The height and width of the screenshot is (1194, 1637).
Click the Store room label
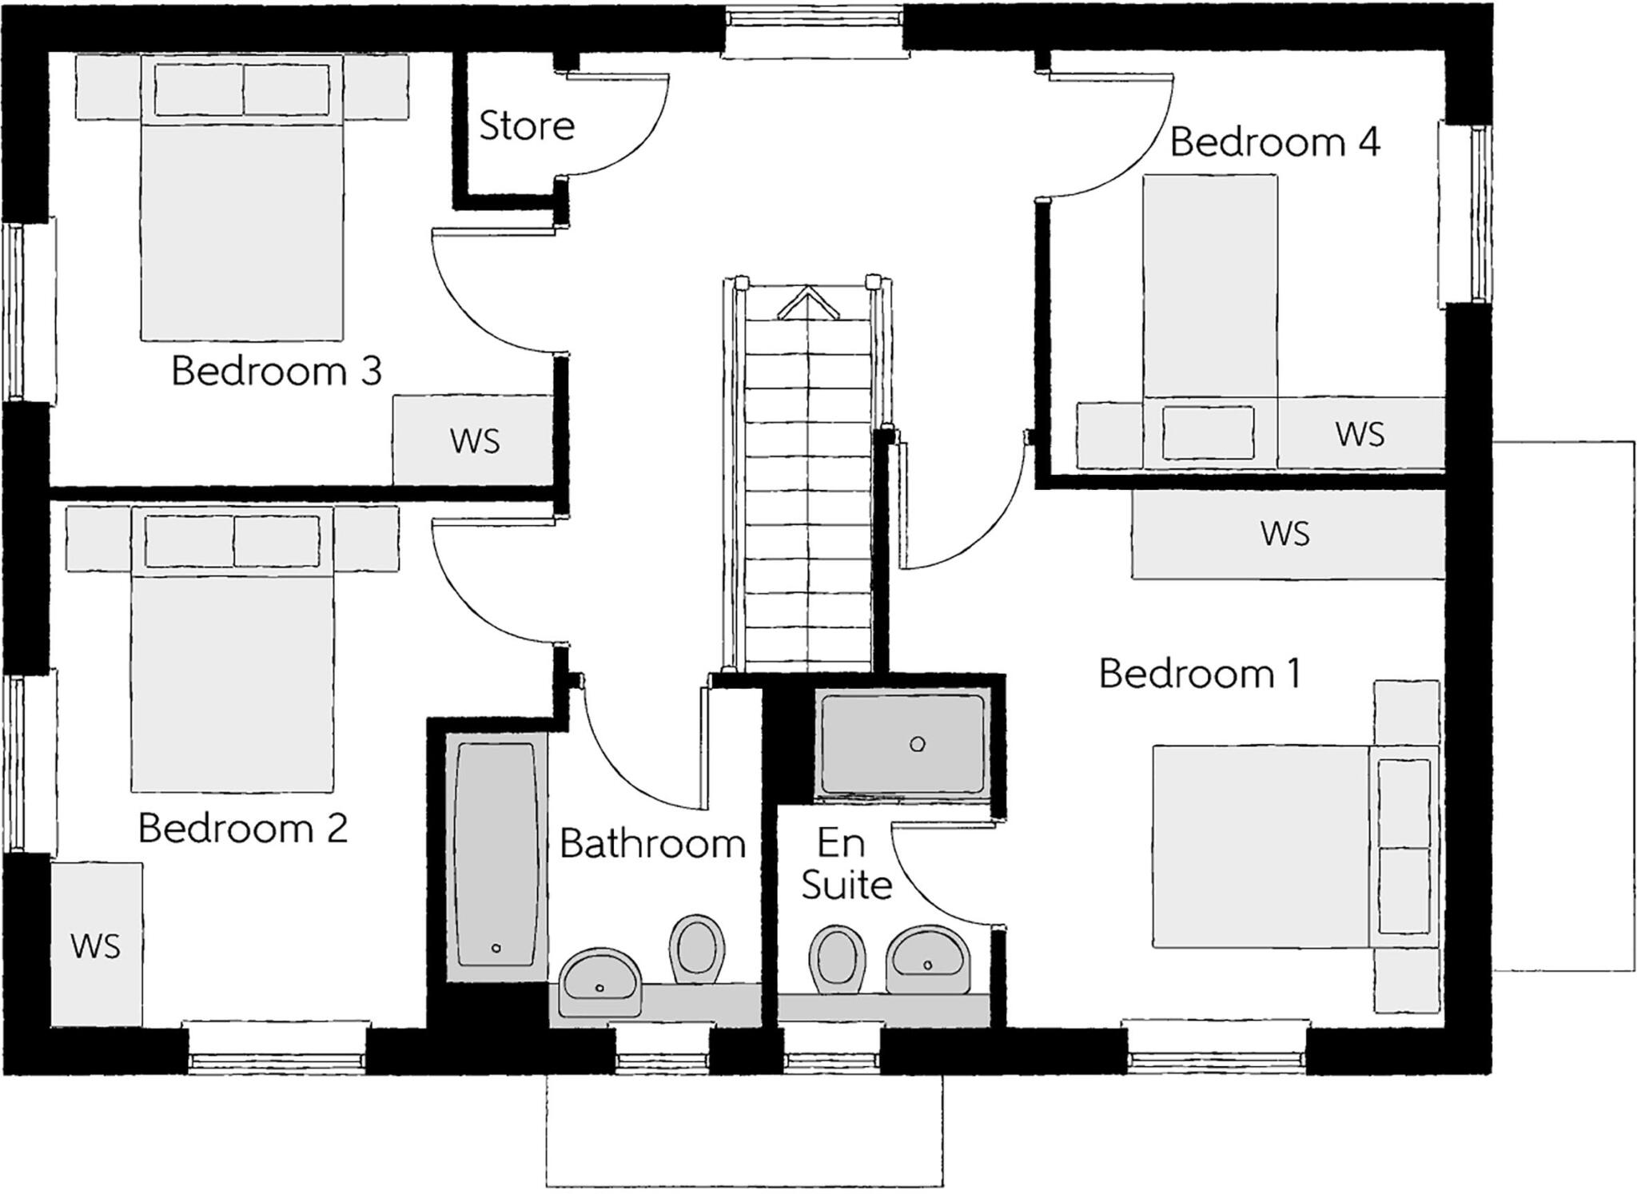527,126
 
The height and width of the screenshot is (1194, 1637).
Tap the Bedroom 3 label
277,371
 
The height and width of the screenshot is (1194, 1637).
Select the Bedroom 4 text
1275,142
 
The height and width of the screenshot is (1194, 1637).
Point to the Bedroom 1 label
1200,673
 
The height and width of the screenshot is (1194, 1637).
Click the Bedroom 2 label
243,828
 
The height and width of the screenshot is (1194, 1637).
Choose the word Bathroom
652,843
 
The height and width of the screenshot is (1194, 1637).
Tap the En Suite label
846,864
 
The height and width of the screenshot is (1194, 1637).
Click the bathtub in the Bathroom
496,854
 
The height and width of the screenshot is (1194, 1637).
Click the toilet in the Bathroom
696,949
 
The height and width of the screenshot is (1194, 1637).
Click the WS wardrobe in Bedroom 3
473,440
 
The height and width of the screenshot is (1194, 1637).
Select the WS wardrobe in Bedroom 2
97,945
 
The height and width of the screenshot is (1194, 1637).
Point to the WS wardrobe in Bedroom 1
1288,534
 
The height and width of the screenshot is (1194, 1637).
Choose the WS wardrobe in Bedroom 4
1360,433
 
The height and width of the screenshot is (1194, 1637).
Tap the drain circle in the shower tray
918,744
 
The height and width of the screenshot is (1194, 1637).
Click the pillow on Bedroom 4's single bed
1208,432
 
